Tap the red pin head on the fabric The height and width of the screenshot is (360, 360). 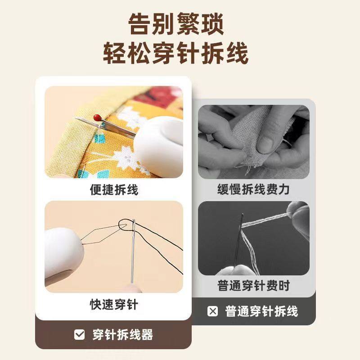[x=97, y=117]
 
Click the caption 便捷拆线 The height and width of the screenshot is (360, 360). [x=114, y=190]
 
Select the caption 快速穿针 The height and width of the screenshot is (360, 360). [x=114, y=305]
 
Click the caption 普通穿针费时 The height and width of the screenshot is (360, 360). [x=254, y=285]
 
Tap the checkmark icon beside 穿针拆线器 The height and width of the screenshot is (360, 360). [x=79, y=334]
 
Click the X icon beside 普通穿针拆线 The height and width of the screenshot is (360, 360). [x=213, y=311]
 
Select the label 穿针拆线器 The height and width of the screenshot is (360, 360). [x=122, y=334]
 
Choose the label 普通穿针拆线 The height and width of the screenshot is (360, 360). [x=261, y=311]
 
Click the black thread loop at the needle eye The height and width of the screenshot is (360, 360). [x=125, y=224]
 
